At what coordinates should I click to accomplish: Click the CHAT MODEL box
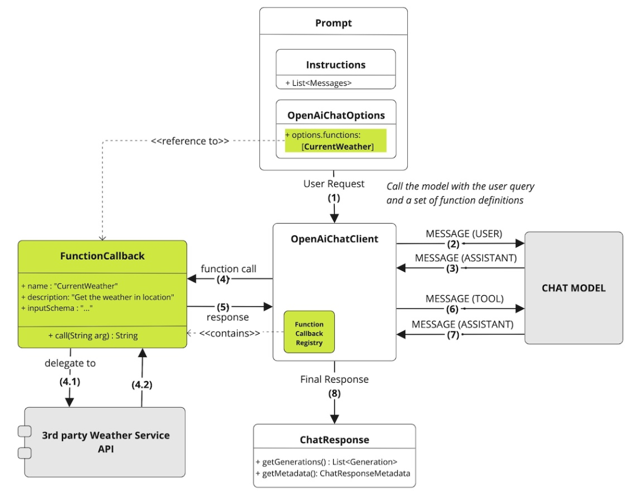point(573,287)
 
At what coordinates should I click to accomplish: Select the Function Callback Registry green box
point(309,333)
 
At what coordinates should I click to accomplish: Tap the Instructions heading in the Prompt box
point(335,65)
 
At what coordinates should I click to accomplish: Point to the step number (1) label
point(334,197)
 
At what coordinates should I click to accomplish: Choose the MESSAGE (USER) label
point(463,234)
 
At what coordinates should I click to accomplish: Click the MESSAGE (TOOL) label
point(464,298)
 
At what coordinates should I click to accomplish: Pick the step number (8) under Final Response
point(334,393)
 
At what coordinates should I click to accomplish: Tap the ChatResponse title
point(334,439)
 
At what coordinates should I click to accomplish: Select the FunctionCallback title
point(102,256)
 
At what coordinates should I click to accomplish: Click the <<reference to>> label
point(190,141)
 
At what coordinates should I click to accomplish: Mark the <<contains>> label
point(230,333)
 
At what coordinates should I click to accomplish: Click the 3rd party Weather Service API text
point(106,442)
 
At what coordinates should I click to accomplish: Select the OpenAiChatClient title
point(334,239)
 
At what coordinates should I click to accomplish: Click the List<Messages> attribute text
point(319,83)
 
